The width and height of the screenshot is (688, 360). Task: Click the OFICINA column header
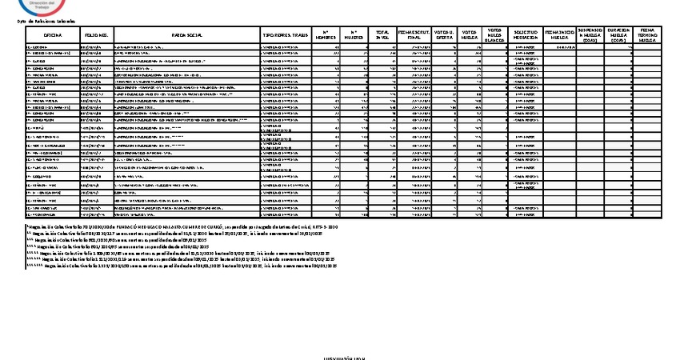pos(53,36)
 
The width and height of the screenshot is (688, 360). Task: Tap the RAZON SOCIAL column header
pos(187,36)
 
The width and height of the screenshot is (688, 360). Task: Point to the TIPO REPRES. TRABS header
pos(285,36)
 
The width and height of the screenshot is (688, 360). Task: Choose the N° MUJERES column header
pos(355,36)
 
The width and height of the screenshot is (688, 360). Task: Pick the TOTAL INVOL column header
pos(383,36)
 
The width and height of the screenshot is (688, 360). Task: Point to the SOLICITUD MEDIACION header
pos(526,36)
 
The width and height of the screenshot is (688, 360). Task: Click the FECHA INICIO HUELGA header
pos(561,36)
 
